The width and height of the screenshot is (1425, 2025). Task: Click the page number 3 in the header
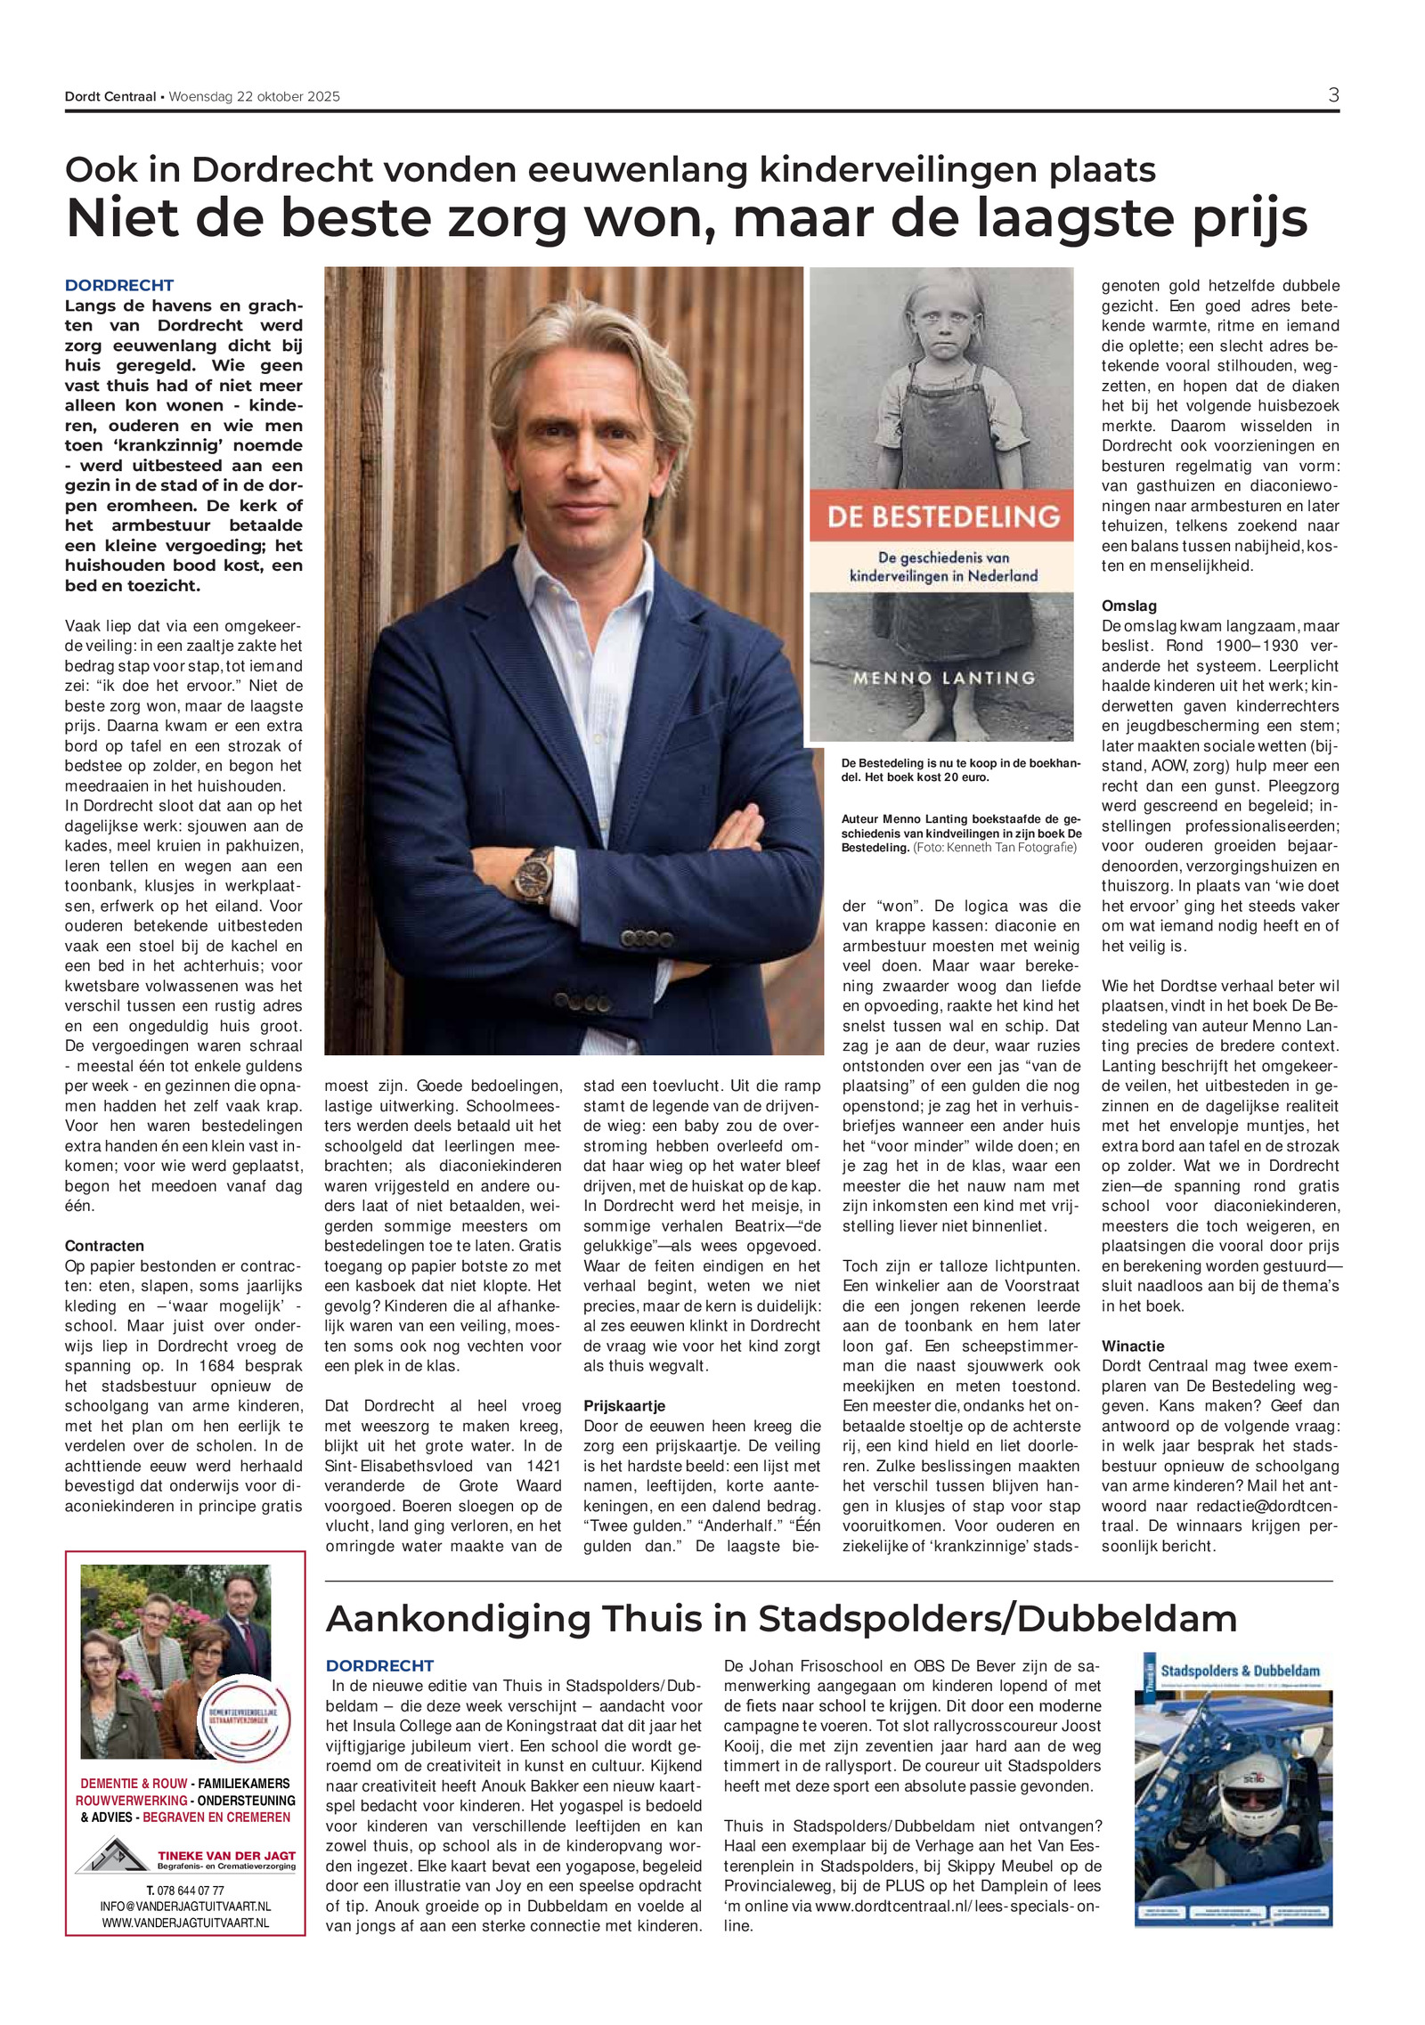pos(1332,95)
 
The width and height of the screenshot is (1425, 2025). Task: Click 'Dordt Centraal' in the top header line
pos(110,97)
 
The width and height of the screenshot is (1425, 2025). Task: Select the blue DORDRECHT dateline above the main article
pos(119,286)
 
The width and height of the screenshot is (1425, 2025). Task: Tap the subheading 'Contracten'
pos(104,1246)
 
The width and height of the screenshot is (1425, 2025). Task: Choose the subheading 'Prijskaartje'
pos(624,1406)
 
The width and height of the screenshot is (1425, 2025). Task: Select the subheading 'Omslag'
pos(1129,606)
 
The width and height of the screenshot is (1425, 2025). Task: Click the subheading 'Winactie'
pos(1133,1346)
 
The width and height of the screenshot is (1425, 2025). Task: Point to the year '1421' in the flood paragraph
pos(542,1466)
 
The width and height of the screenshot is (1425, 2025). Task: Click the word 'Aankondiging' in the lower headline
pos(458,1618)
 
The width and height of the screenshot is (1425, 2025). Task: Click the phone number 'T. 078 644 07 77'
pos(185,1890)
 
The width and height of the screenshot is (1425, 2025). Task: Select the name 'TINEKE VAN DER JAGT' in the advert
pos(226,1856)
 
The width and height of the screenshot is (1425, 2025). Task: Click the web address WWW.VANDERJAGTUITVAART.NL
pos(185,1923)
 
